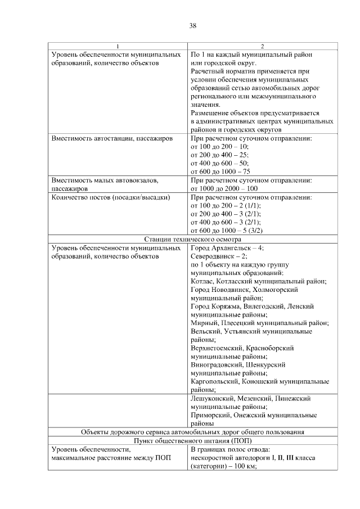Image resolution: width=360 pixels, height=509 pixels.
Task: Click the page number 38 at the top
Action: point(192,25)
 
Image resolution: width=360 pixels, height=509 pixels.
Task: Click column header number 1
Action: point(117,46)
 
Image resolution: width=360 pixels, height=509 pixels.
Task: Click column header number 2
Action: point(262,46)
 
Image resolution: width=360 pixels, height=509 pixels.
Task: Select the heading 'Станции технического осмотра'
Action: point(192,239)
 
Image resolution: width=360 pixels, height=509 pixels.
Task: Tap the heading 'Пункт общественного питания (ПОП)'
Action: point(192,441)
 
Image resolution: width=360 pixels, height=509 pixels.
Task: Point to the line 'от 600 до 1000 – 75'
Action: point(220,172)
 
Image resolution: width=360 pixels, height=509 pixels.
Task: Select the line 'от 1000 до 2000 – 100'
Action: point(224,189)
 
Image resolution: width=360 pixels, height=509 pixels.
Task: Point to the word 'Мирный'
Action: point(204,323)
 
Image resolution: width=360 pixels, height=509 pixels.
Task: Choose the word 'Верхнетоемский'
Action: point(217,349)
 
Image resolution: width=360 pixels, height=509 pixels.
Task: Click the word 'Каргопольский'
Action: point(215,382)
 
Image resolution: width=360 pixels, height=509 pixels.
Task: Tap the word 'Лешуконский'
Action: point(212,399)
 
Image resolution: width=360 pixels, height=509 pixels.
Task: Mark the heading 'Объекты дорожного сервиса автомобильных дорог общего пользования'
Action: point(192,433)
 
